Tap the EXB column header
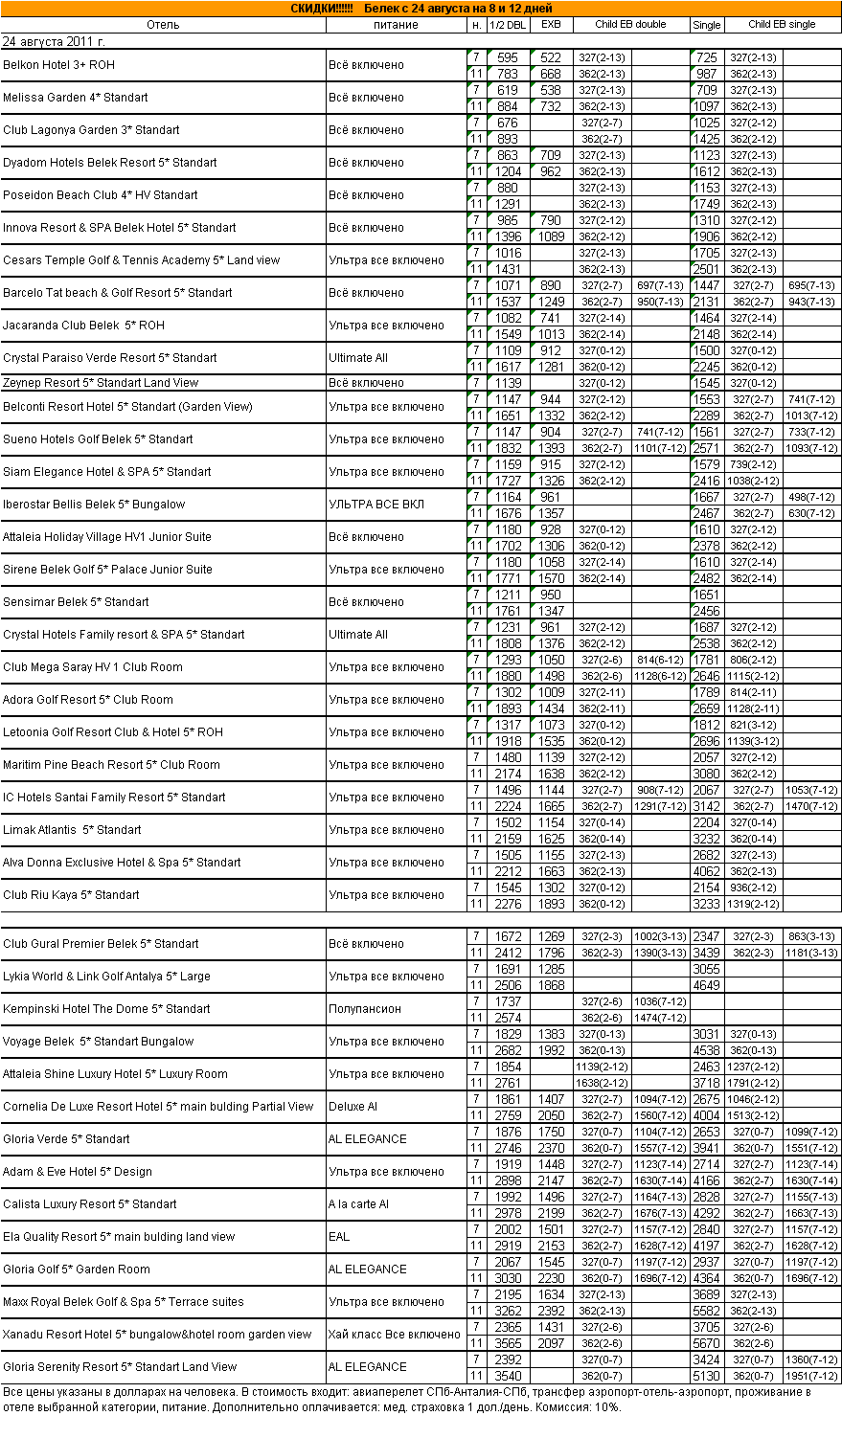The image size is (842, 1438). [551, 25]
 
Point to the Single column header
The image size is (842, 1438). [707, 25]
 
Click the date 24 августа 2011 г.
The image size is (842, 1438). [55, 42]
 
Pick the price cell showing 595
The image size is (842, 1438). [508, 58]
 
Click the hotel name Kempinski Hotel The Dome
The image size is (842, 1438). [106, 1009]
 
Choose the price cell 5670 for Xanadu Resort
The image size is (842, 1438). [706, 1343]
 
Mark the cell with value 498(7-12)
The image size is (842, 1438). [811, 497]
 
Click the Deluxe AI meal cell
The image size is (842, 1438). [353, 1107]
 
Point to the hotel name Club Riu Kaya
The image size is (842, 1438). [71, 895]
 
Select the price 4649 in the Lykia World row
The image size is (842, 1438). [706, 985]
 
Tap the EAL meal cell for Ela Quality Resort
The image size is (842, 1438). [339, 1237]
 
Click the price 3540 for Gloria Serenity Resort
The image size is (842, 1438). [508, 1376]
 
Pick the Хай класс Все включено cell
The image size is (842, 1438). [395, 1335]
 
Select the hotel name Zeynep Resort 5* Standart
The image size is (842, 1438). [101, 383]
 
